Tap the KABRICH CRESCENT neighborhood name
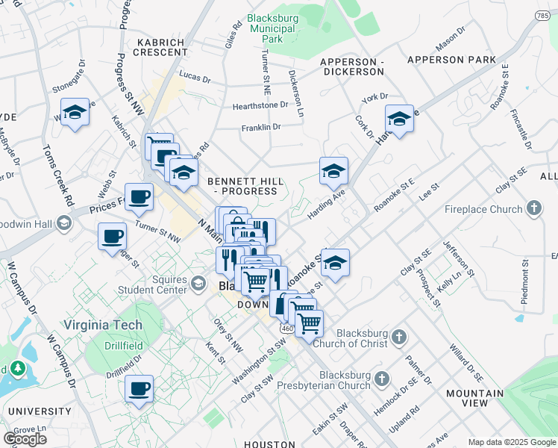point(160,46)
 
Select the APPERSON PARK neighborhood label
point(451,59)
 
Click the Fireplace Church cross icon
point(534,209)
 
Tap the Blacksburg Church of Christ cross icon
point(399,337)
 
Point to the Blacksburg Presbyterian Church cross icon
point(383,379)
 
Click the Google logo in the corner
point(25,439)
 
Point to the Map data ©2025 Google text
point(512,442)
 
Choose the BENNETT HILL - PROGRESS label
point(242,187)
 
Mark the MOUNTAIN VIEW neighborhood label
point(474,398)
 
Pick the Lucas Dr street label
point(195,76)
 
